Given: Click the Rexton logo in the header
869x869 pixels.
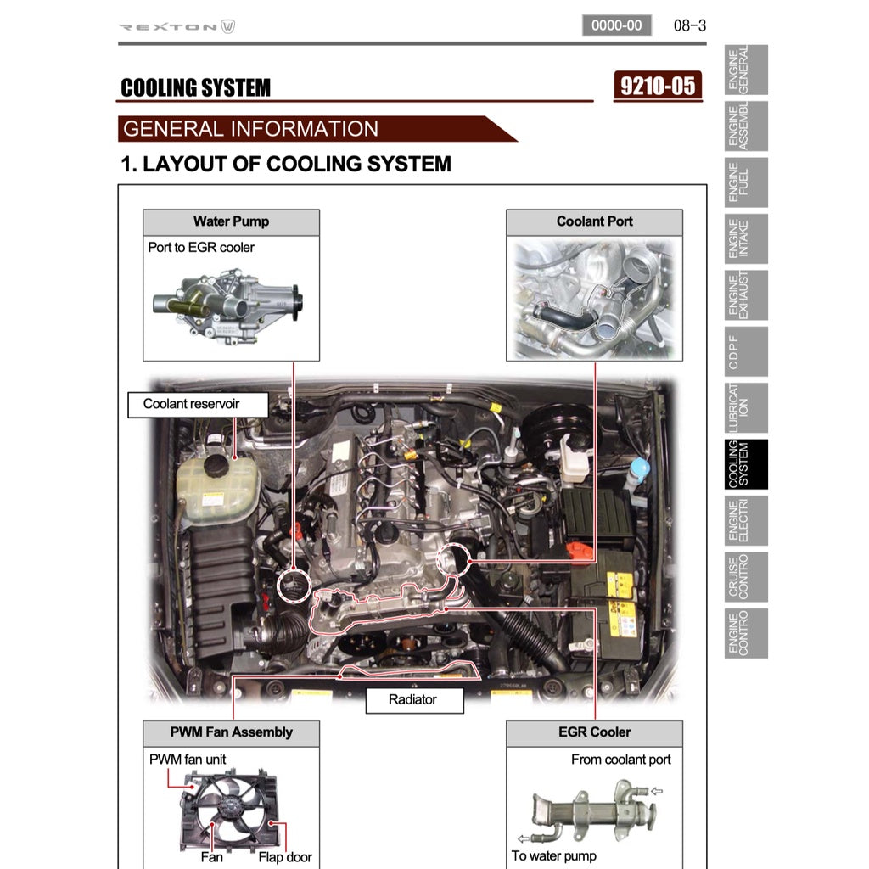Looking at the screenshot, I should pyautogui.click(x=177, y=26).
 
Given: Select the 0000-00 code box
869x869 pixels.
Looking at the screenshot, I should pyautogui.click(x=616, y=25).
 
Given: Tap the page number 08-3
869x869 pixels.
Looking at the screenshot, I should pyautogui.click(x=689, y=25).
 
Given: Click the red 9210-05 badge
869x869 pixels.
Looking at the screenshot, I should pyautogui.click(x=658, y=86).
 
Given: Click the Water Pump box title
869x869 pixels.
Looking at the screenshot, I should pyautogui.click(x=231, y=222).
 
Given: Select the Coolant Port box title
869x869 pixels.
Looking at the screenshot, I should pyautogui.click(x=594, y=222).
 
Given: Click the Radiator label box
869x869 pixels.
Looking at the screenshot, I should pyautogui.click(x=414, y=700).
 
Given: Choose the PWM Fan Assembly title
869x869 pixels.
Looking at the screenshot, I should pyautogui.click(x=231, y=732).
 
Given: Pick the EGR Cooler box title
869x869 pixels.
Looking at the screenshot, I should pyautogui.click(x=594, y=732).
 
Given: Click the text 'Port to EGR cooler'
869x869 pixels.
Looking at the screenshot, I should pyautogui.click(x=201, y=248).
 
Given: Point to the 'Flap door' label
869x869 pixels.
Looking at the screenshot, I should pyautogui.click(x=285, y=857).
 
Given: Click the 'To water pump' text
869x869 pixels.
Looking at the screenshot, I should pyautogui.click(x=553, y=855).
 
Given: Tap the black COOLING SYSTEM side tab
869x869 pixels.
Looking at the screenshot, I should pyautogui.click(x=747, y=464).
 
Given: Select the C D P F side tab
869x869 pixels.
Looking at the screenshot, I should pyautogui.click(x=747, y=351).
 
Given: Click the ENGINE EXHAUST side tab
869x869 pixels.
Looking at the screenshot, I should pyautogui.click(x=747, y=294).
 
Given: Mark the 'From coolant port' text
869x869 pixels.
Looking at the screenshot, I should pyautogui.click(x=620, y=760).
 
